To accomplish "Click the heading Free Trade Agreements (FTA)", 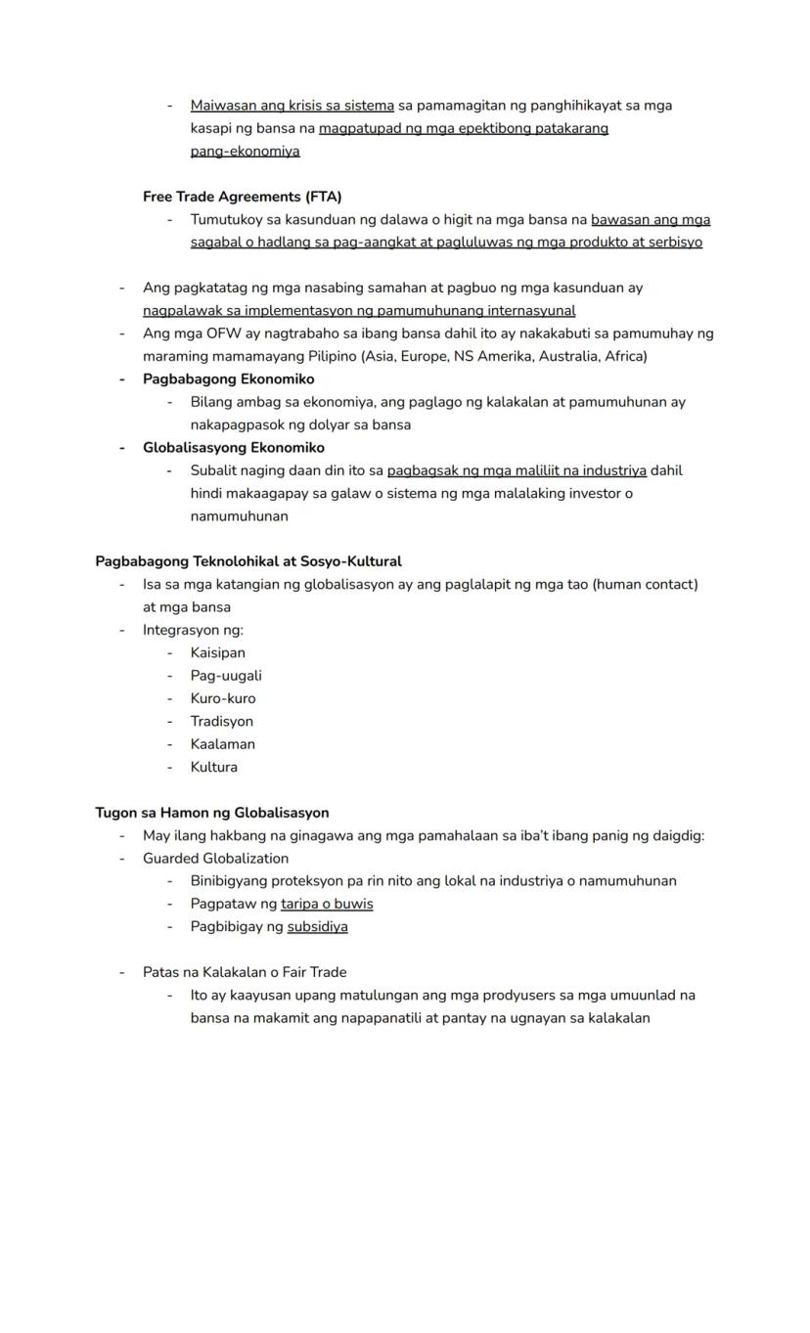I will click(242, 197).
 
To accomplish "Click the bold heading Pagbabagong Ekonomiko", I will click(228, 378).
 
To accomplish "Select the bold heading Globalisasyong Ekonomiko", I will click(233, 448).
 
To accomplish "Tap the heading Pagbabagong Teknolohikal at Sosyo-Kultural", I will click(247, 561).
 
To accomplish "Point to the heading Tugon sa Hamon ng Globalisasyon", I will click(211, 813).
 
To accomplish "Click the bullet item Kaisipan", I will click(217, 653).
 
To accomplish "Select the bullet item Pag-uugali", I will click(225, 676).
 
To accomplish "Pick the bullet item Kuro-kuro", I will click(222, 698).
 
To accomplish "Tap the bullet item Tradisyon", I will click(221, 722).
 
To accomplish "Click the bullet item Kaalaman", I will click(222, 744).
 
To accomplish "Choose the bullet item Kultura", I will click(213, 768).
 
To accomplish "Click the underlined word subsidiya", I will click(317, 927).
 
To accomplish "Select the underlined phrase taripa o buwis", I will click(327, 904).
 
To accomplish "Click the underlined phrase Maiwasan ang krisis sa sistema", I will click(292, 106).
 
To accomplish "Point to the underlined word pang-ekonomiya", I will click(245, 152).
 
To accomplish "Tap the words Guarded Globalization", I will click(215, 859).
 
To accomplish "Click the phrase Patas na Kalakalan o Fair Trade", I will click(245, 972).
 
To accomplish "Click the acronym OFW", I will click(223, 333).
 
